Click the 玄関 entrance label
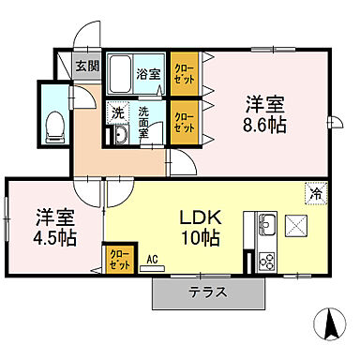(87, 66)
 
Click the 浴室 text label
(148, 73)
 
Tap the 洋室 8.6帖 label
(265, 114)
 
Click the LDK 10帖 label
(201, 226)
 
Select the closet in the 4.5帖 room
(117, 257)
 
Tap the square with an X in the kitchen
(298, 225)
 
